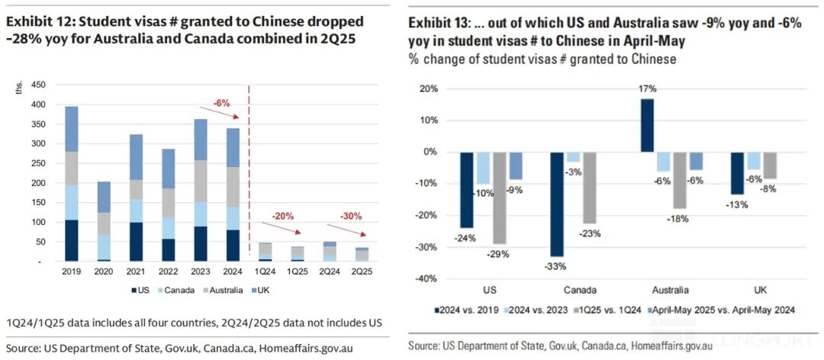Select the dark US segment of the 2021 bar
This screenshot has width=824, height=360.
click(x=114, y=243)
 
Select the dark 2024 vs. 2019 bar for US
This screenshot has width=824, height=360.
click(x=466, y=190)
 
